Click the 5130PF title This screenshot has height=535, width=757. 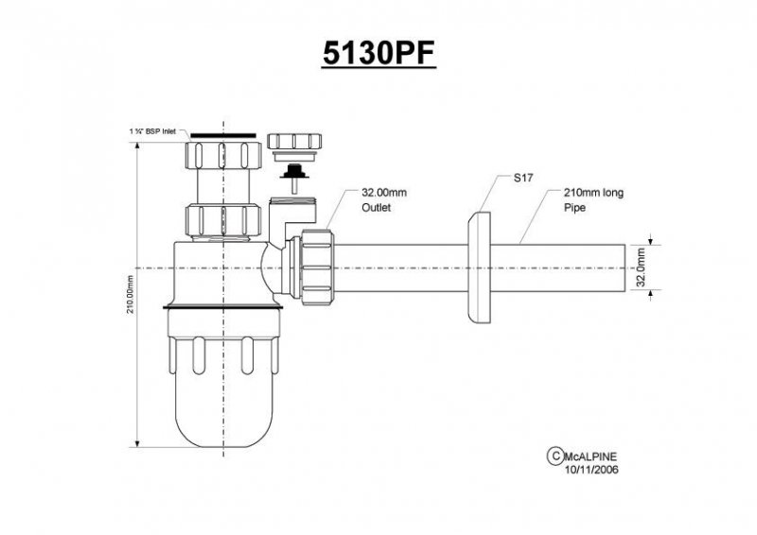click(379, 53)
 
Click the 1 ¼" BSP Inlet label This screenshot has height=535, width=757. click(152, 131)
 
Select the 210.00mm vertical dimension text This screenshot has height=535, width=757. click(131, 294)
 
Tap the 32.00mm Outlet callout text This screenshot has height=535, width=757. click(384, 199)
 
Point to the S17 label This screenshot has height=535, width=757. click(523, 178)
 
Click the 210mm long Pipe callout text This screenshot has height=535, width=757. click(594, 199)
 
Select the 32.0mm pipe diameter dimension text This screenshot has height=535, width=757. click(641, 267)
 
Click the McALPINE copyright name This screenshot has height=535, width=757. click(590, 457)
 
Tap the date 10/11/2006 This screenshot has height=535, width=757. click(591, 470)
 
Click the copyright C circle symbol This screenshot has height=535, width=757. click(555, 456)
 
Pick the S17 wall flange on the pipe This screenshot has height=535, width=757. click(479, 267)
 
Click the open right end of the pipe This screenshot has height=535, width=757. click(625, 267)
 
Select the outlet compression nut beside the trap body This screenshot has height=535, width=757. click(316, 267)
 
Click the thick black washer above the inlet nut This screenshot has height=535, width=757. click(223, 135)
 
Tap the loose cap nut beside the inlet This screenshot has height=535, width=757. click(294, 142)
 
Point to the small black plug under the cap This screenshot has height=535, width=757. click(294, 172)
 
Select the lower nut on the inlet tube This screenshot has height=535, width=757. click(223, 220)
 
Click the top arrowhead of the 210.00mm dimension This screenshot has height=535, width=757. click(137, 147)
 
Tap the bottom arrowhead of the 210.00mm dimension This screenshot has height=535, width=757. click(137, 443)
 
